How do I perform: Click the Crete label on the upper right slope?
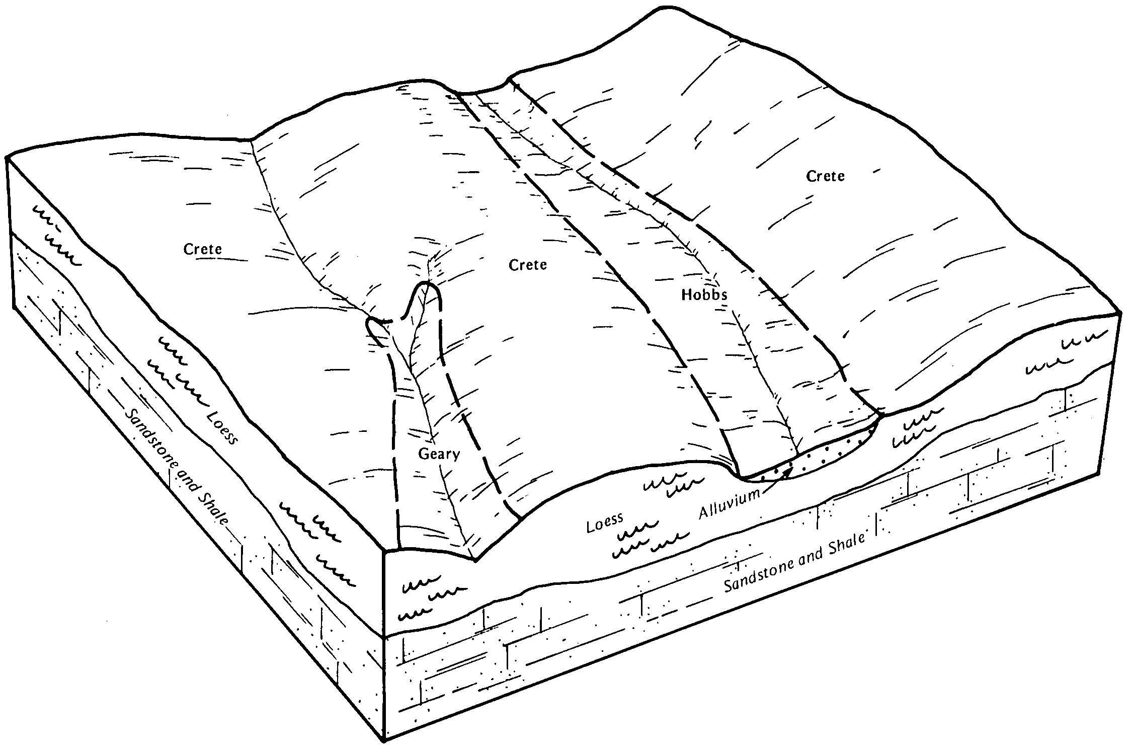pos(825,176)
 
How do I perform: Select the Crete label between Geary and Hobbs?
pos(527,265)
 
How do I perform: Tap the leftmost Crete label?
pos(202,249)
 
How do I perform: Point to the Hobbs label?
pos(704,294)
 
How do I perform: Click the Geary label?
pos(439,455)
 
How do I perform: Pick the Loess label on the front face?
pos(605,522)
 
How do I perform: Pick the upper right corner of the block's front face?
pos(1120,313)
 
